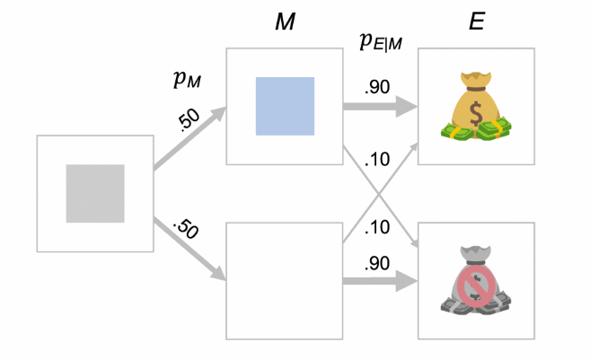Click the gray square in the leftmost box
[95, 193]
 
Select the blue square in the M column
[285, 106]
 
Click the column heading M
[286, 22]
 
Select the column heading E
[475, 22]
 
